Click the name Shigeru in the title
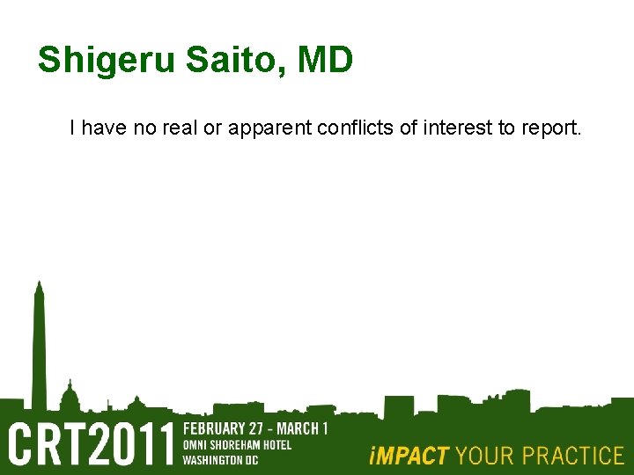tap(107, 62)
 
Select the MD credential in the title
tap(326, 60)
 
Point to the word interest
tap(459, 128)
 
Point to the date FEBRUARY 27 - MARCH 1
tap(254, 429)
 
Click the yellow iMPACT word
tap(409, 456)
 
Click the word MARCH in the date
tap(294, 429)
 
